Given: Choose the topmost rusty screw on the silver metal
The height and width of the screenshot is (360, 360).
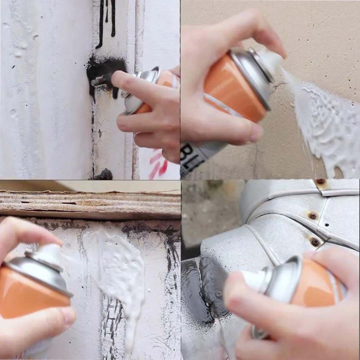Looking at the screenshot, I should coord(320,182).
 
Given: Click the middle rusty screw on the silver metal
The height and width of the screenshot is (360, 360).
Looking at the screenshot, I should coord(313,215).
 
